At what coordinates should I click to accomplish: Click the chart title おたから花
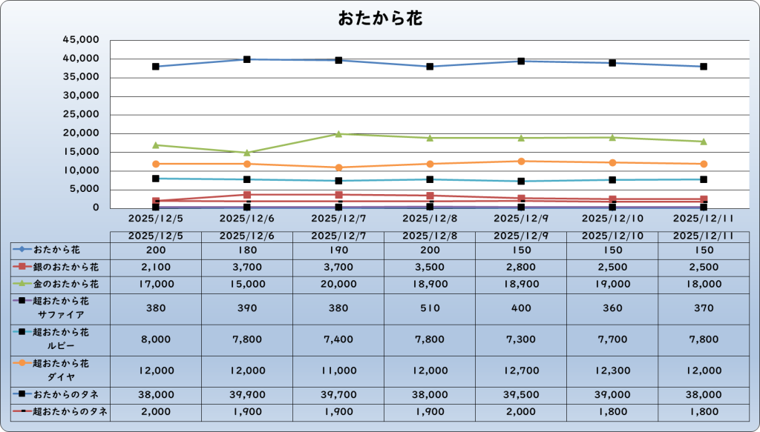tap(380, 19)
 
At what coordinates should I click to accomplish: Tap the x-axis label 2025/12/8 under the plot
tap(430, 219)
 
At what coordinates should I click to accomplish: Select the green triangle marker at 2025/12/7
tap(338, 134)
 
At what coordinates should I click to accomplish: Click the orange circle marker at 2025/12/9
tap(521, 162)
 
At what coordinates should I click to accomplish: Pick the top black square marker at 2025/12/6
tap(247, 59)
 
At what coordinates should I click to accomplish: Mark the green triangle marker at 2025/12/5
tap(156, 145)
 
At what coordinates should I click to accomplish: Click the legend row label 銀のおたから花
tap(66, 267)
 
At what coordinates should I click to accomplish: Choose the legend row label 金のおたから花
tap(66, 283)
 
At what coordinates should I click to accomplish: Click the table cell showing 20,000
tap(338, 283)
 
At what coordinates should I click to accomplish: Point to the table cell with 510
tap(430, 308)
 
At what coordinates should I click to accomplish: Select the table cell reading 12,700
tap(521, 370)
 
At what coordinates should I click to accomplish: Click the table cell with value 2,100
tap(156, 267)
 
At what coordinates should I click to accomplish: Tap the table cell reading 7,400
tap(338, 339)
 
